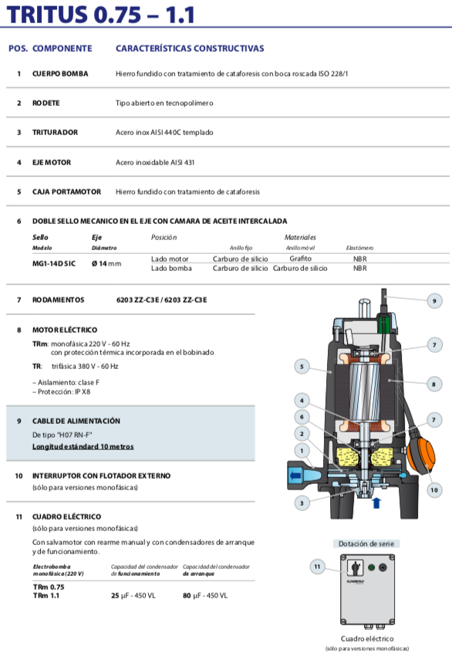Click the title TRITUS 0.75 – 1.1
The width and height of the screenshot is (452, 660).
(x=101, y=15)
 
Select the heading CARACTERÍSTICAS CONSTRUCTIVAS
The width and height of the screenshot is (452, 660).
(x=190, y=49)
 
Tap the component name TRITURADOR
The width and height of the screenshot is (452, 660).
(x=55, y=132)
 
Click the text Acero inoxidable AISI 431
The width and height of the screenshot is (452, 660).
(x=155, y=162)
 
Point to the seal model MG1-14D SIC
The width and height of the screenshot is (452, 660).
(x=54, y=263)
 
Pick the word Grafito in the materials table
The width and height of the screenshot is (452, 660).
(x=300, y=259)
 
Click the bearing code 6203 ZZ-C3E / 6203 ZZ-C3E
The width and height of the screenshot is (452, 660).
(x=161, y=300)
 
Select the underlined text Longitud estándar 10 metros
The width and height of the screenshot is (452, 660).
(x=83, y=446)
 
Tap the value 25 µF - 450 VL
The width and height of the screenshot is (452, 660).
(x=133, y=596)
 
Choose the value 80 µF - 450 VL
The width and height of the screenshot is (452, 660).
(x=205, y=596)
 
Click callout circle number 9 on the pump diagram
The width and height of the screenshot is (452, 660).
(x=434, y=301)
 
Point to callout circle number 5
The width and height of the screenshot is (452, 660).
(x=302, y=366)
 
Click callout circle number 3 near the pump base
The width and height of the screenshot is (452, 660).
(x=302, y=503)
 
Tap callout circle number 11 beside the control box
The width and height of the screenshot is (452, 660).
(x=317, y=567)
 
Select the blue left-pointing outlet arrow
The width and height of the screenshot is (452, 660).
(x=295, y=476)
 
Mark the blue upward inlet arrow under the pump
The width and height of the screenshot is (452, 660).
(x=376, y=503)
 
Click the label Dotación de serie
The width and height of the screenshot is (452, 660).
(x=366, y=544)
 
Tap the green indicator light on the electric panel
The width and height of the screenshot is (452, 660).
(x=371, y=567)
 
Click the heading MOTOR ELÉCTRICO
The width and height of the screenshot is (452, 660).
(x=65, y=330)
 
